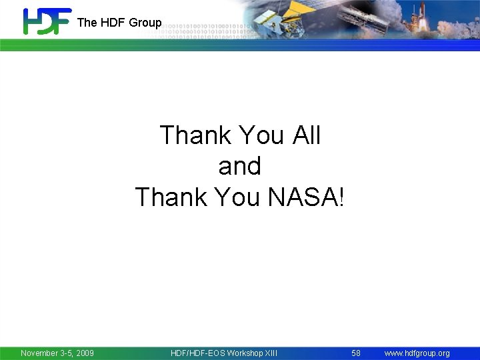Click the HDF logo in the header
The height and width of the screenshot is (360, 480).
coord(46,21)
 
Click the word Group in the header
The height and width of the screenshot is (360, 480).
coord(145,23)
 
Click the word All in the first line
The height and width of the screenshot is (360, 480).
coord(306,135)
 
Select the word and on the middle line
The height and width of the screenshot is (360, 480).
coord(240,166)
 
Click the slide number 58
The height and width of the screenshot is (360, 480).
coord(356,353)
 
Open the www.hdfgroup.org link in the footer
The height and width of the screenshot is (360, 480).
coord(417,353)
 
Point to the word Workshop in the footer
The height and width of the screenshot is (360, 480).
coord(245,353)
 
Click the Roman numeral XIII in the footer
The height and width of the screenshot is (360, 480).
coord(271,353)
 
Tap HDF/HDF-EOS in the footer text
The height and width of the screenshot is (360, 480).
coord(198,353)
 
